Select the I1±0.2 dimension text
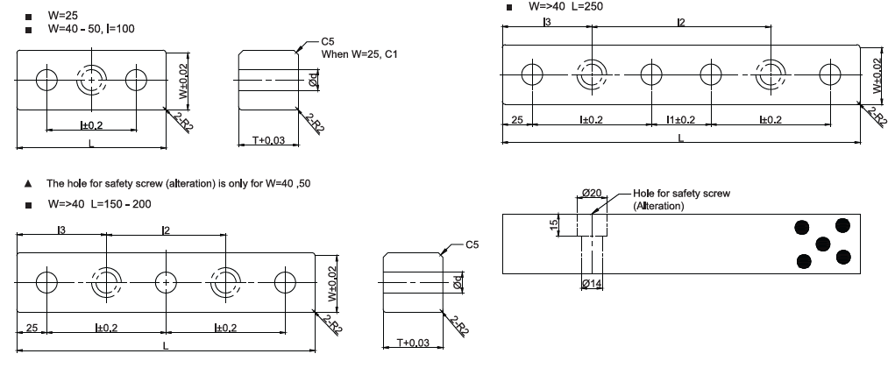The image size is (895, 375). (x=681, y=119)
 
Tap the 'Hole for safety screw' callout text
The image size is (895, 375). (x=681, y=193)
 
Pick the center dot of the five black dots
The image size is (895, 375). (x=823, y=244)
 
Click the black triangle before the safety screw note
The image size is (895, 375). (x=28, y=184)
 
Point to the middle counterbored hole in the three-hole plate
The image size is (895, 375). (x=90, y=80)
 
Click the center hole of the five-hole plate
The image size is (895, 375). (x=166, y=282)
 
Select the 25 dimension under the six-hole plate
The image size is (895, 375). (x=517, y=119)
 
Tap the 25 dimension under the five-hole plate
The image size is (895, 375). (x=31, y=329)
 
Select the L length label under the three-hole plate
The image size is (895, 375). (x=90, y=142)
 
